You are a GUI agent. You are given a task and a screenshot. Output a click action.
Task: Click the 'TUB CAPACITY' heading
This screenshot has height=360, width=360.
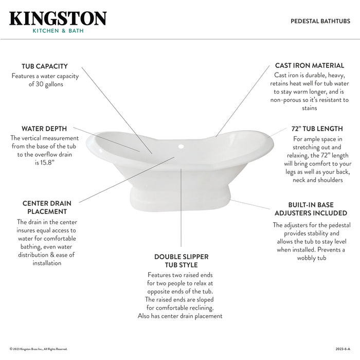pos(45,66)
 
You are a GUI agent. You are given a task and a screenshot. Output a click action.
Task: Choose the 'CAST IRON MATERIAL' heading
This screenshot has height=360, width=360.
pos(310,66)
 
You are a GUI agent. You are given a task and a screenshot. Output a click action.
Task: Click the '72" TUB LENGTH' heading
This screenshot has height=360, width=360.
pos(317,129)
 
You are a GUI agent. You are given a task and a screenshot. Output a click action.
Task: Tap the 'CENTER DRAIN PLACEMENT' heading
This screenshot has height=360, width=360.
pos(47,207)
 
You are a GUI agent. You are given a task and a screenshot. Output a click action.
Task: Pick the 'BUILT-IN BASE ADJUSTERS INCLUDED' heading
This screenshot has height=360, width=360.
pos(310,209)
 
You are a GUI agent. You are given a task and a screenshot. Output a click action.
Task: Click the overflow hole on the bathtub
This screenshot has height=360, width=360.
pos(181,147)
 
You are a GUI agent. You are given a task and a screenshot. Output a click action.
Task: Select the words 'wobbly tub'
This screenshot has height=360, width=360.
pos(311,258)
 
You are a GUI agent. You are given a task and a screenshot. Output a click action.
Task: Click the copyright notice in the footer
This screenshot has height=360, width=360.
pos(39,349)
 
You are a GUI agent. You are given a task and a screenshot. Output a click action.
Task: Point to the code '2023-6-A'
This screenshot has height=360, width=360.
pos(343,349)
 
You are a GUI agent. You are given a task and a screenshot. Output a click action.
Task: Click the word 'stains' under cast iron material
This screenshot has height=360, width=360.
pos(310,108)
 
